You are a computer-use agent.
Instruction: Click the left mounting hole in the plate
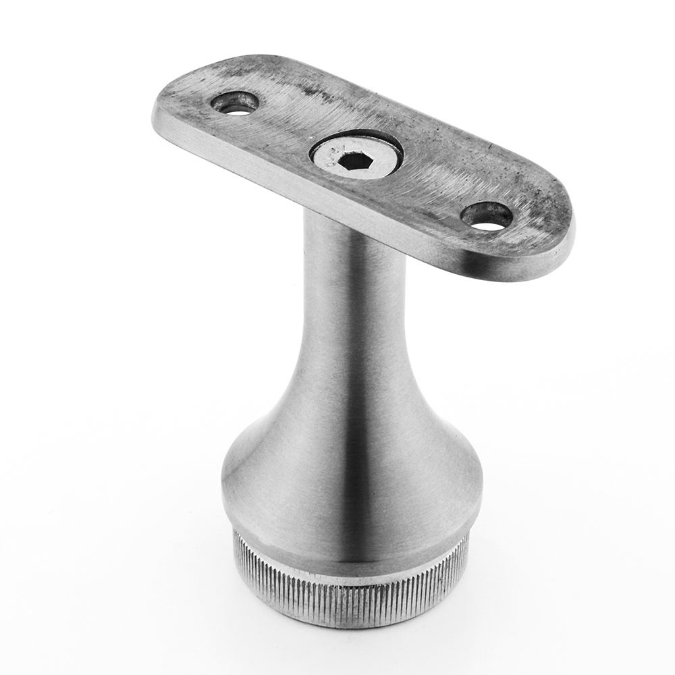pyautogui.click(x=235, y=103)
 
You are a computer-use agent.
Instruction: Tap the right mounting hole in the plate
pyautogui.click(x=487, y=216)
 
